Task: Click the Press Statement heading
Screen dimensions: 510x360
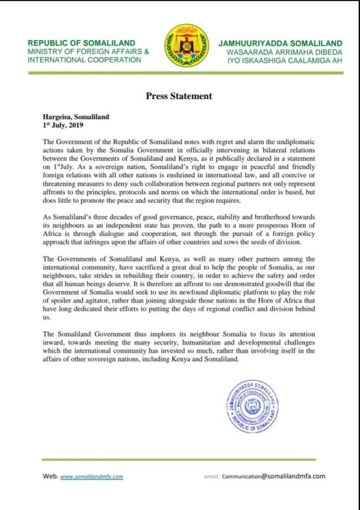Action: [x=179, y=96]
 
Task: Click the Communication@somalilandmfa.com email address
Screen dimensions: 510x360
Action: [x=274, y=476]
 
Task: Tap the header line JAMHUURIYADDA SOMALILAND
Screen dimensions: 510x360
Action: [x=280, y=43]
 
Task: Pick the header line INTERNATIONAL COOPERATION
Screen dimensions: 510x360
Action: [x=85, y=59]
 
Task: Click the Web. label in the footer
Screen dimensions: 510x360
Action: [x=50, y=476]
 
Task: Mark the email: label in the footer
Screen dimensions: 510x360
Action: [x=212, y=477]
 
